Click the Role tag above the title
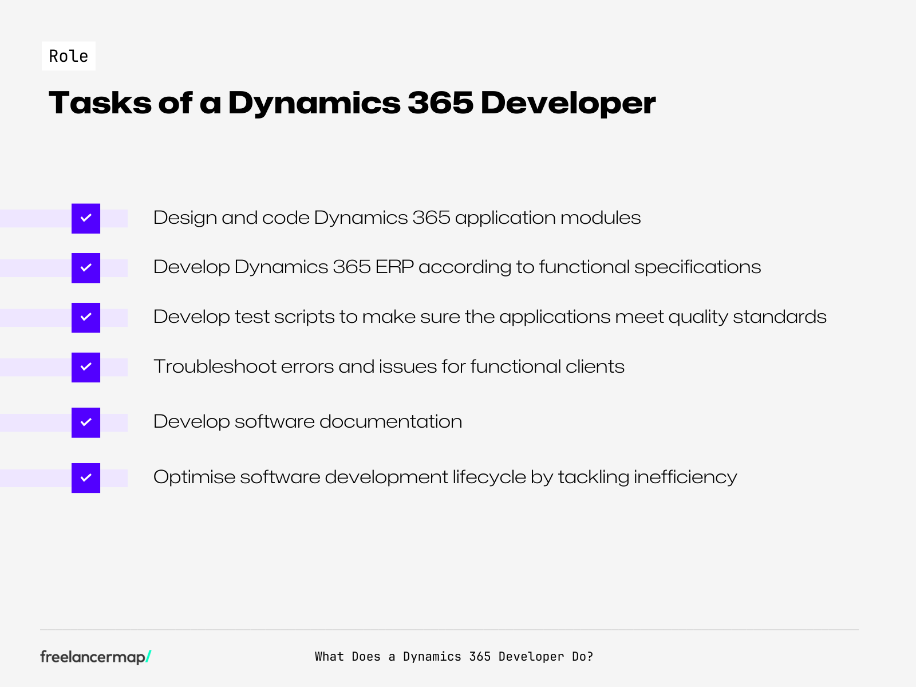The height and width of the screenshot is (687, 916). (x=69, y=56)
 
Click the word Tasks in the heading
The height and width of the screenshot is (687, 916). (x=100, y=103)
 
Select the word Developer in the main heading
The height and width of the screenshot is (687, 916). (x=568, y=103)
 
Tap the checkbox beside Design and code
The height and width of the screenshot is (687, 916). (x=86, y=218)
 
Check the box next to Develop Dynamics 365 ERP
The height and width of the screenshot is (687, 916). (x=86, y=267)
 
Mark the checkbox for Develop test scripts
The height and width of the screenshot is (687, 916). (x=86, y=317)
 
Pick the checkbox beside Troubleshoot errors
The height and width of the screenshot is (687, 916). (x=86, y=367)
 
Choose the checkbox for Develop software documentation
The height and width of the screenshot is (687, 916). (x=86, y=423)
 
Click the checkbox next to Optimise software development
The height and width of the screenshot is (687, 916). (x=86, y=477)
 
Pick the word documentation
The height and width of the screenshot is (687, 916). (x=390, y=422)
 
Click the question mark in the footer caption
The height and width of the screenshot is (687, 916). (x=590, y=657)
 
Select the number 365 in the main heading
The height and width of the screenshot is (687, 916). (x=440, y=103)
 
